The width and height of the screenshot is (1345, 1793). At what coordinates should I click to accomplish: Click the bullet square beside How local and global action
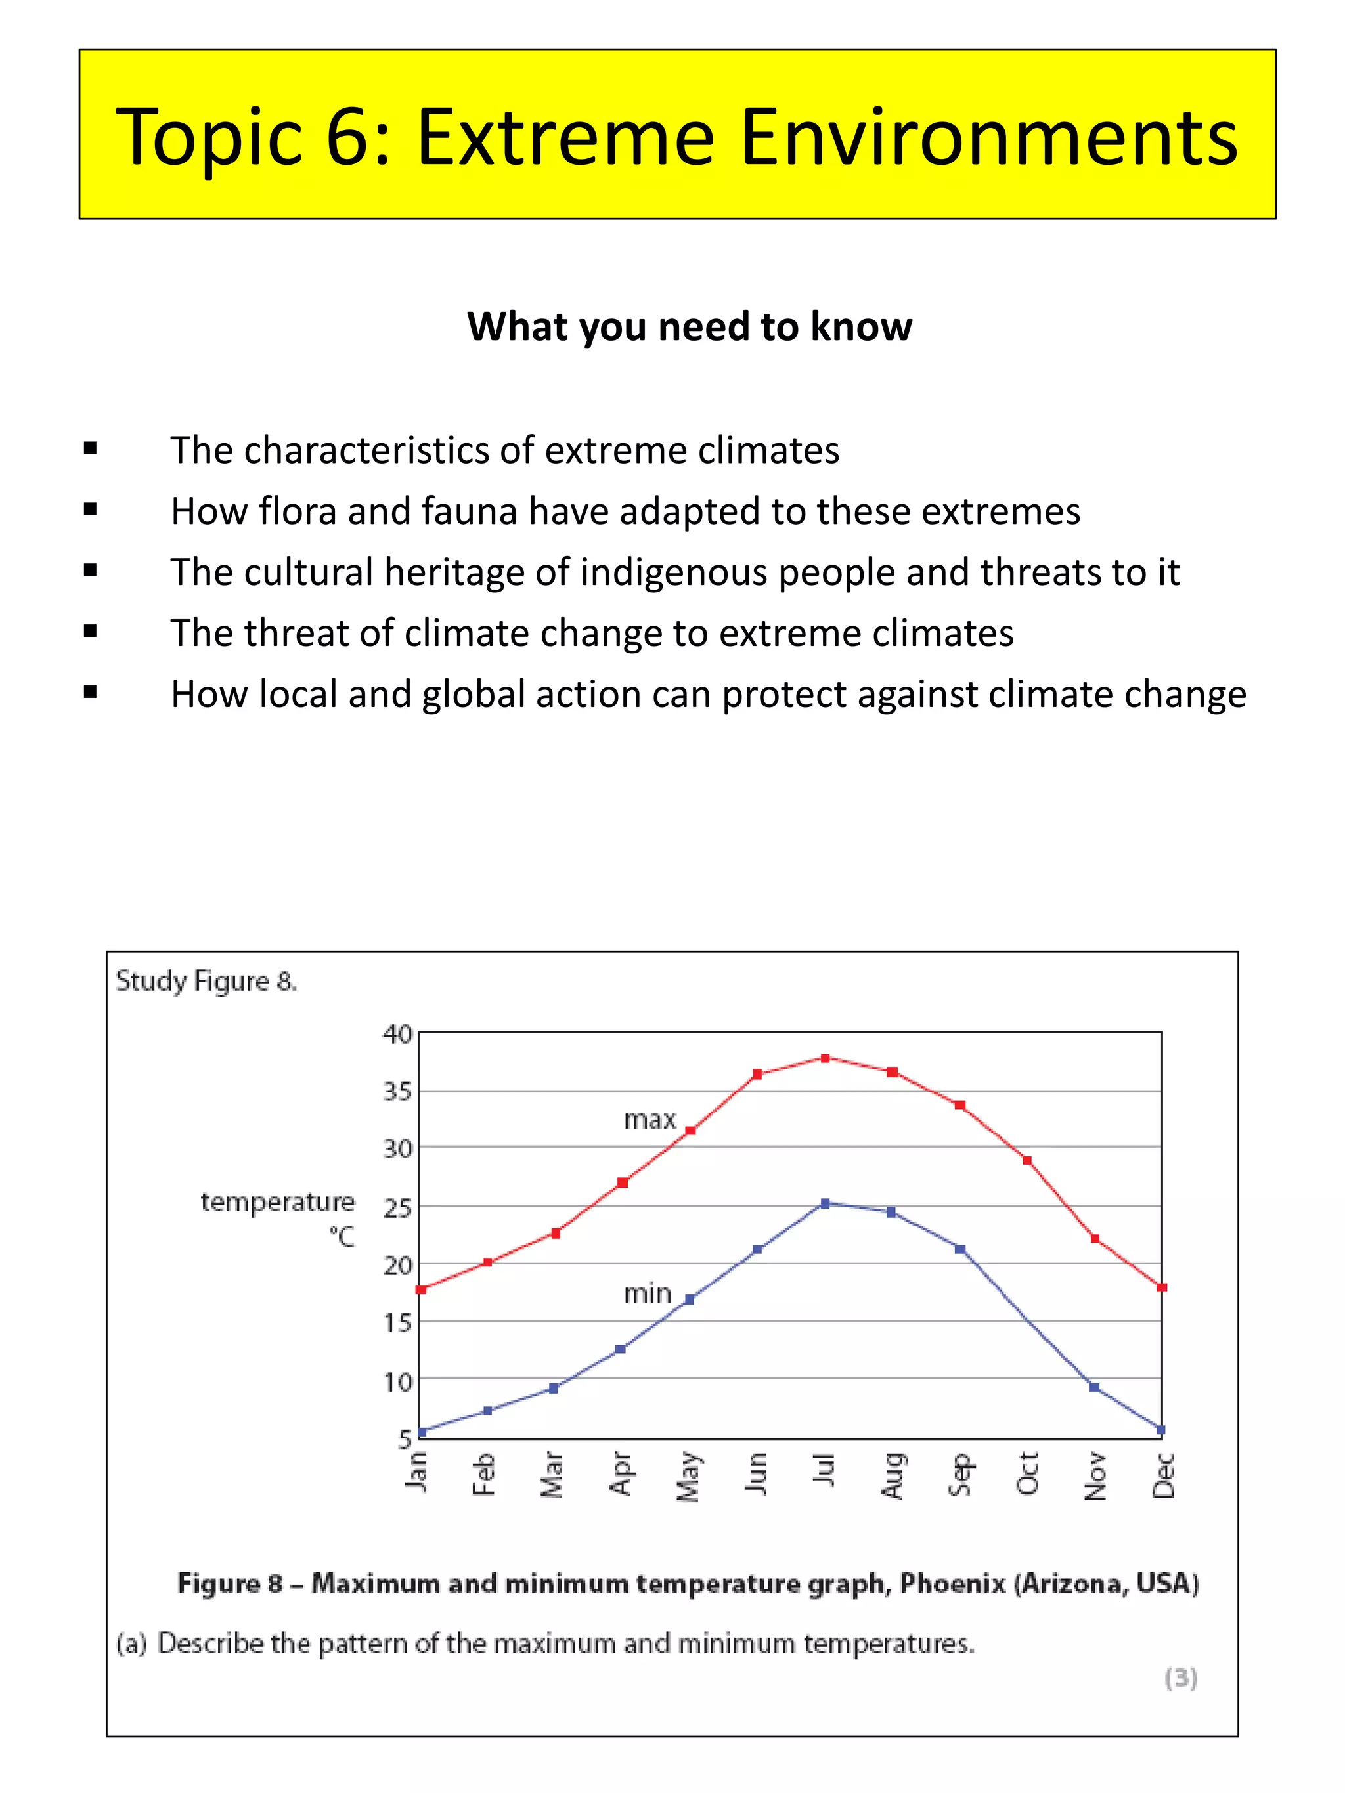point(90,692)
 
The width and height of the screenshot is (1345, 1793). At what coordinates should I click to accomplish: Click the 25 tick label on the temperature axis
point(397,1209)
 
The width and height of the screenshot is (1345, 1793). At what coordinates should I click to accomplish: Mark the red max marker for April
point(623,1182)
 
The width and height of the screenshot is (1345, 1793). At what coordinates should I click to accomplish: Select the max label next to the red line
point(650,1119)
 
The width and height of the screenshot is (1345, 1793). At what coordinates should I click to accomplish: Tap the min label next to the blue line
point(647,1293)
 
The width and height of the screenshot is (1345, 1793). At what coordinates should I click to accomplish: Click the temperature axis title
point(277,1202)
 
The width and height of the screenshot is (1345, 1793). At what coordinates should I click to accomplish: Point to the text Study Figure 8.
point(206,981)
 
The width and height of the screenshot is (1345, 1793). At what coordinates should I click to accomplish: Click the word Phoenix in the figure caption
point(952,1583)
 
